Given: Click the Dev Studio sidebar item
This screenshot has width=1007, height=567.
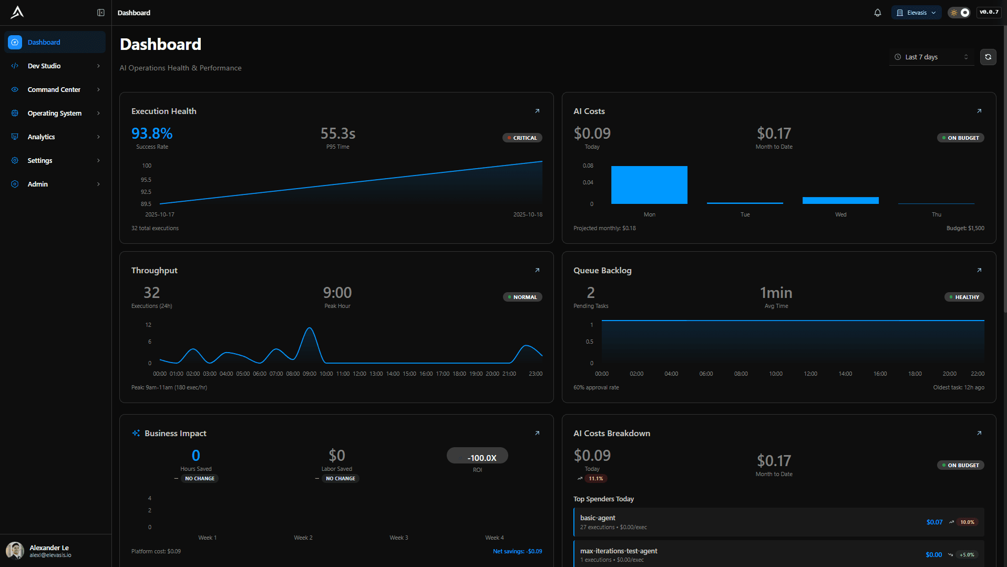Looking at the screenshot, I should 44,66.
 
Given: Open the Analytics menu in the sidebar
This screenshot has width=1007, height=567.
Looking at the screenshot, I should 41,137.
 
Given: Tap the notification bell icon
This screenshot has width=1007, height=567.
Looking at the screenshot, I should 877,13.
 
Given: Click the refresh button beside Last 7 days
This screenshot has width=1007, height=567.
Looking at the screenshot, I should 988,57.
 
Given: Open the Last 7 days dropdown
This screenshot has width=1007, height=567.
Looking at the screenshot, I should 931,57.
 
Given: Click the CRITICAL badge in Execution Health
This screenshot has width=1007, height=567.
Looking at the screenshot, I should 522,138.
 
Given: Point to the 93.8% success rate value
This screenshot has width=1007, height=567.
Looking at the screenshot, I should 152,133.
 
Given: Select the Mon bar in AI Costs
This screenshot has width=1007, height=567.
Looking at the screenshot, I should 649,185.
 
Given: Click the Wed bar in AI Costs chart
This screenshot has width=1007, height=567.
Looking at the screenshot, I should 840,200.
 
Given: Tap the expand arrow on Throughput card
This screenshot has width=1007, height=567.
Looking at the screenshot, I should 537,270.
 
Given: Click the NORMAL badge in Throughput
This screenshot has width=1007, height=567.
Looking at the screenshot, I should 522,297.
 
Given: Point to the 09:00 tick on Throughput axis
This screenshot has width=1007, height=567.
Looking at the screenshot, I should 310,374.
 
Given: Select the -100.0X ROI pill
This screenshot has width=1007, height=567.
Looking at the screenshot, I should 477,456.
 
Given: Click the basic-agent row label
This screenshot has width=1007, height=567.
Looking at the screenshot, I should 598,518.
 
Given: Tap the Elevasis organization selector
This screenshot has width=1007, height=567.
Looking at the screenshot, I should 916,13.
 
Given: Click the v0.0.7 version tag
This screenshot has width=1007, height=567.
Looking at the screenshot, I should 989,12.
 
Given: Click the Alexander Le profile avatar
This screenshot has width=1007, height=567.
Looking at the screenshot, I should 15,551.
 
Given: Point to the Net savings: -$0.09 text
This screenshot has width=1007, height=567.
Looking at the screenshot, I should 517,551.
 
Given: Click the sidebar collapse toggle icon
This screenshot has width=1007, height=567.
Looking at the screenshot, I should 101,13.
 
